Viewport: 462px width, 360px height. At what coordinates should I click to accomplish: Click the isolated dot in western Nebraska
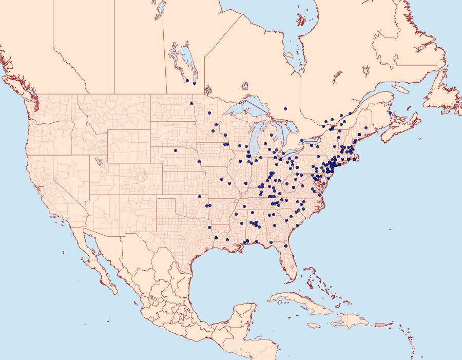176,150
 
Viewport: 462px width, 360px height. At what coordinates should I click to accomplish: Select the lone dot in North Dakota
191,104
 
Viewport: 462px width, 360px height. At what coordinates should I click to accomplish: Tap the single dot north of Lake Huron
285,108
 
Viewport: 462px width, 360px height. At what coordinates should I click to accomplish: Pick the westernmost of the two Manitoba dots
187,81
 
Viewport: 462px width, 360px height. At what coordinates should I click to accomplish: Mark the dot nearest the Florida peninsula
286,246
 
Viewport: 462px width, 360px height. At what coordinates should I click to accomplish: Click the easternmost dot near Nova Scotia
390,113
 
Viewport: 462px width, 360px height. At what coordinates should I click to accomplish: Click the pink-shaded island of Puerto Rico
380,324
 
